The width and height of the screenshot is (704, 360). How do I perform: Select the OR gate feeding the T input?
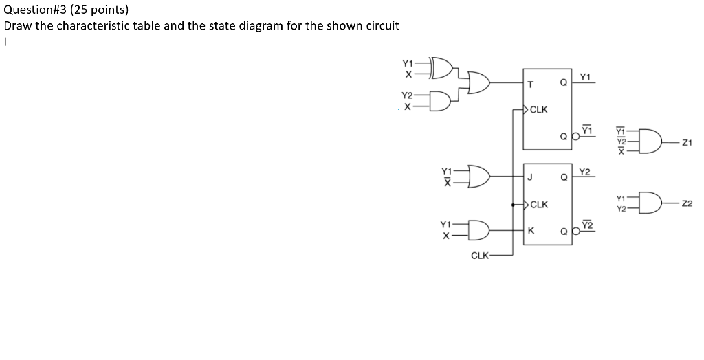pos(480,84)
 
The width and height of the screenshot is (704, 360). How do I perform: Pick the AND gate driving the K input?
pos(479,229)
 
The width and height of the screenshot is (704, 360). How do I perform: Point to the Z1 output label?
pos(687,142)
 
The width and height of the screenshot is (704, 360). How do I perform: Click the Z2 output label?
pos(687,204)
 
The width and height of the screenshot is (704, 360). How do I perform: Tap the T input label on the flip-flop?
pos(530,85)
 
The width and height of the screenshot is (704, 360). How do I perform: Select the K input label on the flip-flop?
pos(530,230)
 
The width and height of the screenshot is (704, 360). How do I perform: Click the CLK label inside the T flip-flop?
pos(539,109)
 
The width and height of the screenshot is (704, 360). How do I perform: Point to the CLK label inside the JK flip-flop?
pos(539,204)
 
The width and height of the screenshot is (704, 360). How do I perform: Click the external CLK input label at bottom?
pos(479,256)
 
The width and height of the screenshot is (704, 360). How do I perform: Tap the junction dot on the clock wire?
pos(514,204)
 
